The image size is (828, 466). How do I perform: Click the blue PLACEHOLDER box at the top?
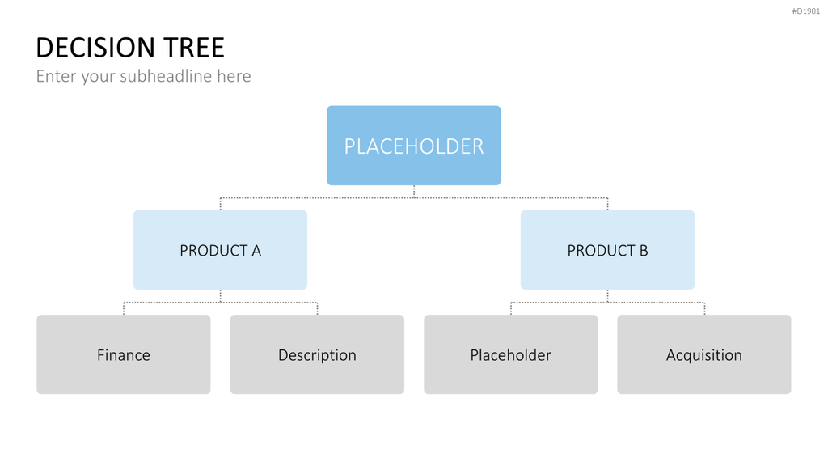(413, 146)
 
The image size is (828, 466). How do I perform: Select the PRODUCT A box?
(220, 250)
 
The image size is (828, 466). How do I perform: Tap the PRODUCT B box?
(607, 250)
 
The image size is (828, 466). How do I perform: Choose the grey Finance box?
(124, 354)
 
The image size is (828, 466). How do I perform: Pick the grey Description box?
(317, 354)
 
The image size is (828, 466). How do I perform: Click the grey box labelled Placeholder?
(511, 354)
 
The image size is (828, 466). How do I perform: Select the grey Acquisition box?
(704, 354)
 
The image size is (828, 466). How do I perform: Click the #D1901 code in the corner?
(806, 11)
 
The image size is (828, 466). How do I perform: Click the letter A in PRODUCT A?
(256, 251)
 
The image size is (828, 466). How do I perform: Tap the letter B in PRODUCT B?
(644, 251)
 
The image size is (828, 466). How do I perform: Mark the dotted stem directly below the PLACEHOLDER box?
(414, 191)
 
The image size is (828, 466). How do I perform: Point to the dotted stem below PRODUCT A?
(220, 296)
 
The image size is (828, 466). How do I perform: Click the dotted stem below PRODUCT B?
(607, 296)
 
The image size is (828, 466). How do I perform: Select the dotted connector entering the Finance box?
(124, 308)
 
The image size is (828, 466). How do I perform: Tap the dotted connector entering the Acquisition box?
(704, 308)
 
